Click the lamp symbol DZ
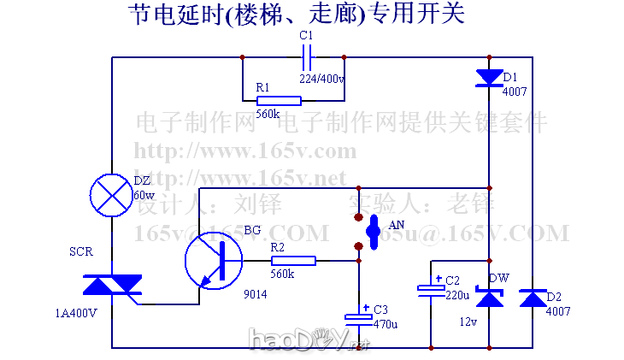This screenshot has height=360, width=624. click(111, 193)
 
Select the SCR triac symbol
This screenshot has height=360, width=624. click(111, 286)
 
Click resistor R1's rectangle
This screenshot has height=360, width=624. click(279, 100)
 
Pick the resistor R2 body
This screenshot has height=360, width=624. click(293, 261)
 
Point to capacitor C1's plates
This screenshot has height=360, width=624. click(309, 58)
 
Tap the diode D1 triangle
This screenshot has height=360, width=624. click(489, 78)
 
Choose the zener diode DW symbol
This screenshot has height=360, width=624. click(489, 298)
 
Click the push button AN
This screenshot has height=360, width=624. click(373, 229)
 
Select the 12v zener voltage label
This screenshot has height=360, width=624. click(468, 322)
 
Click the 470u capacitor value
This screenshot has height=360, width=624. click(386, 324)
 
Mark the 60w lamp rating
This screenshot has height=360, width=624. click(144, 195)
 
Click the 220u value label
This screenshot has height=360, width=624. click(456, 295)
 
